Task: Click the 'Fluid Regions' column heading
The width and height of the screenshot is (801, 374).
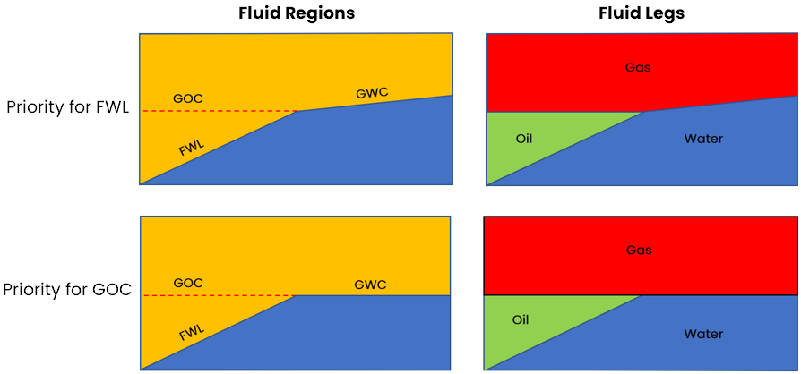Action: pyautogui.click(x=296, y=14)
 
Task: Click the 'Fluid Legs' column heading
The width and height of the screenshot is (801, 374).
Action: pyautogui.click(x=642, y=14)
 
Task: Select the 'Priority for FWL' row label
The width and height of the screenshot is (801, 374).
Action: pyautogui.click(x=68, y=107)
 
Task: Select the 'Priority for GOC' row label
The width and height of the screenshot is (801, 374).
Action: pyautogui.click(x=67, y=290)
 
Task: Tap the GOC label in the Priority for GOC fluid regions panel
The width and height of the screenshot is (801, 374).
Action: pyautogui.click(x=188, y=283)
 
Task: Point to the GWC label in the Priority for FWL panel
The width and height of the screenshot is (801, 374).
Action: pyautogui.click(x=372, y=92)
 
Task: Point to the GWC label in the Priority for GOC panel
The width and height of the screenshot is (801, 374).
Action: pyautogui.click(x=370, y=285)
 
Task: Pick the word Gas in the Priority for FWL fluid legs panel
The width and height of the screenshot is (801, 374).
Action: pyautogui.click(x=637, y=67)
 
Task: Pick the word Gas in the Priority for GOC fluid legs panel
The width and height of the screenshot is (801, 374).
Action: pyautogui.click(x=637, y=251)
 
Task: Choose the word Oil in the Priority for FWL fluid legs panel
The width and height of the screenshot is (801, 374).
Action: pyautogui.click(x=525, y=139)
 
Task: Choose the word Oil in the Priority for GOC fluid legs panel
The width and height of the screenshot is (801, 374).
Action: pyautogui.click(x=521, y=319)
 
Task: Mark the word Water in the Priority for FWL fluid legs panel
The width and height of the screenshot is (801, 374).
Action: pyautogui.click(x=703, y=139)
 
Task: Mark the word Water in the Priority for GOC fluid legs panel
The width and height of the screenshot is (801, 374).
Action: pyautogui.click(x=703, y=334)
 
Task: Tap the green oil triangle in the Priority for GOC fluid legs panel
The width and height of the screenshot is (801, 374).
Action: pyautogui.click(x=524, y=327)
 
